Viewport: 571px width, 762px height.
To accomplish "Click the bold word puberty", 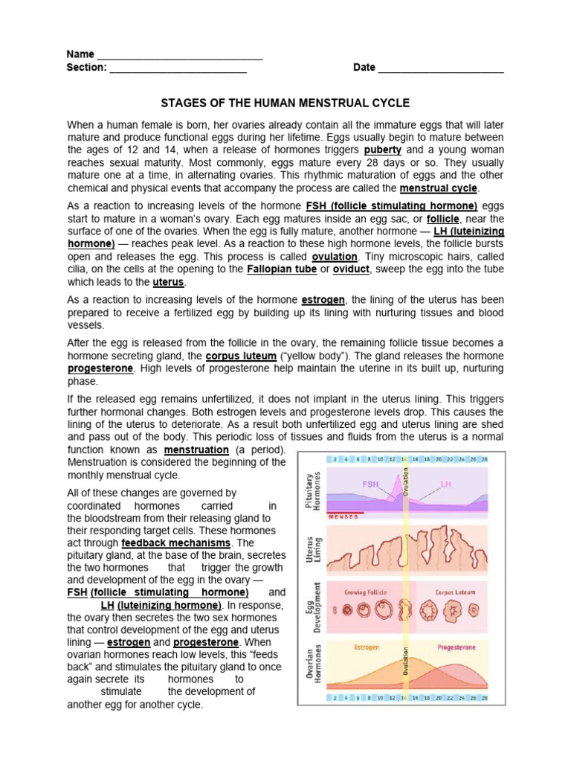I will pyautogui.click(x=382, y=150).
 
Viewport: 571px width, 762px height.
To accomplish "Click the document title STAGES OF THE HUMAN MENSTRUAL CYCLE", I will pyautogui.click(x=286, y=103).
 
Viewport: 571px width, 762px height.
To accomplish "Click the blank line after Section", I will pyautogui.click(x=178, y=68).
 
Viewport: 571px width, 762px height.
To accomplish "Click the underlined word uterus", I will pyautogui.click(x=168, y=282).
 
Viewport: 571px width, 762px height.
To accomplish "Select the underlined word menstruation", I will pyautogui.click(x=196, y=450).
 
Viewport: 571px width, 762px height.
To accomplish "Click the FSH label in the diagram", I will pyautogui.click(x=371, y=484).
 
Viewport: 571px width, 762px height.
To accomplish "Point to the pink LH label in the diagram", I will pyautogui.click(x=446, y=484).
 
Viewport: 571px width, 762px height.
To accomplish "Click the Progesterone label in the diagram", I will pyautogui.click(x=456, y=647).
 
